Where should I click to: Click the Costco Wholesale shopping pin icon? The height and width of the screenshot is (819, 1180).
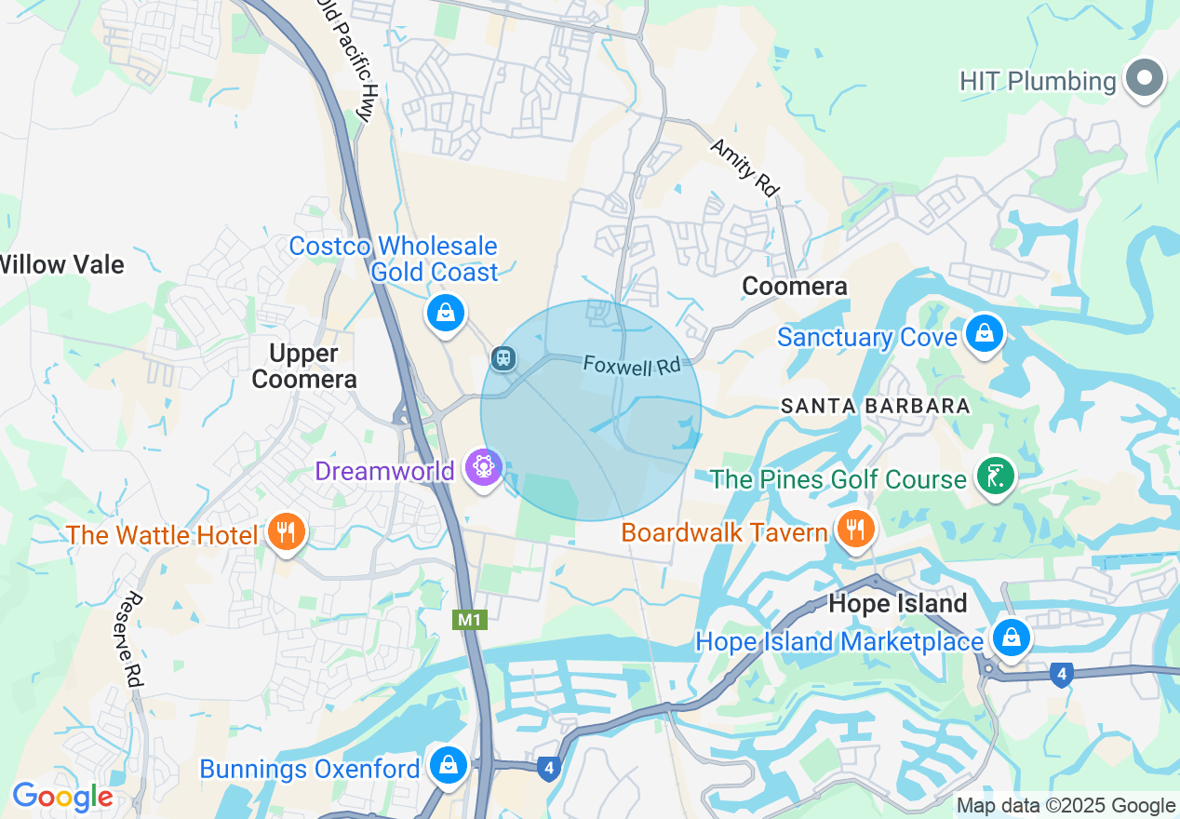[x=446, y=314]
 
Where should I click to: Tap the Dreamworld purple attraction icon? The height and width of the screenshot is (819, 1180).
[x=484, y=467]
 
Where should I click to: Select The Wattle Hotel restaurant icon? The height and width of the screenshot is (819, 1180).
[x=286, y=533]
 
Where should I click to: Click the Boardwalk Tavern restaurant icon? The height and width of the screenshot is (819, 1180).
[x=853, y=530]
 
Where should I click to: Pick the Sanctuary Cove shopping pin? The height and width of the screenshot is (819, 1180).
[x=983, y=332]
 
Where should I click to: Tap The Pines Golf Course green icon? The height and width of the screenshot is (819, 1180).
[x=995, y=477]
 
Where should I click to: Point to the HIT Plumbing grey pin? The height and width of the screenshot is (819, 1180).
[x=1145, y=78]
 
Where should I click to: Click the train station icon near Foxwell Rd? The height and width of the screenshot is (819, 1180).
[x=503, y=358]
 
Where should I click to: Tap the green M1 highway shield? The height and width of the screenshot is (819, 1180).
[x=470, y=620]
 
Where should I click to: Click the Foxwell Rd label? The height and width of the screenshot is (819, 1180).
[x=632, y=364]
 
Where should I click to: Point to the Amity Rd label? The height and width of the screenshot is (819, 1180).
[x=744, y=167]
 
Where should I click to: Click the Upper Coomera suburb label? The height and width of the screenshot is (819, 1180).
[x=304, y=366]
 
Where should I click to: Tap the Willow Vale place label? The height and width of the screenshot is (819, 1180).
[x=61, y=264]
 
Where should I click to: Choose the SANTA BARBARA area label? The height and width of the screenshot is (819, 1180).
[x=875, y=406]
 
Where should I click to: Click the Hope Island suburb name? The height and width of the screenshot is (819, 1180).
[x=897, y=603]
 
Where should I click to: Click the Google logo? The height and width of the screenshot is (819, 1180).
[x=62, y=798]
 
